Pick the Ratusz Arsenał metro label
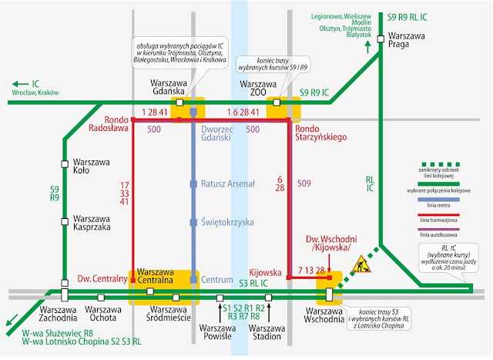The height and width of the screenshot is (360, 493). tap(228, 184)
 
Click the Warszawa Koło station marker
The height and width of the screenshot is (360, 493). tap(65, 163)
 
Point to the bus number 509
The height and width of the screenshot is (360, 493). tap(304, 183)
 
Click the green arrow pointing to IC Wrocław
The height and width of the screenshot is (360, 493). tap(15, 84)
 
